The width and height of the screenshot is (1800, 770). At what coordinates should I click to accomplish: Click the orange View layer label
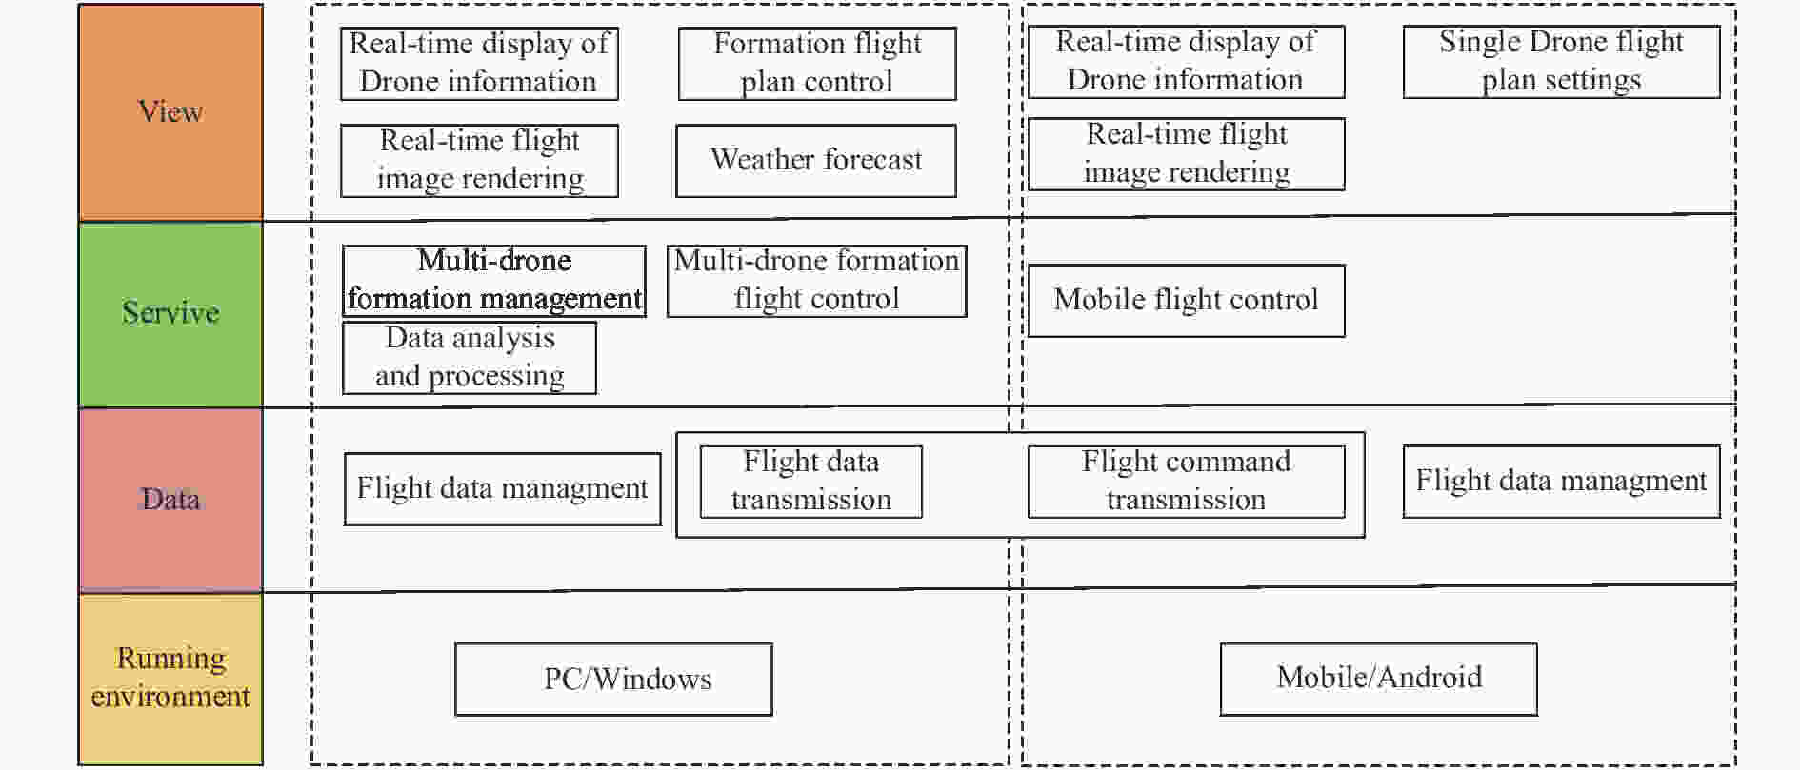tap(170, 112)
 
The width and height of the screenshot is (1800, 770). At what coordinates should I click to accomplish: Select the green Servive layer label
tap(170, 314)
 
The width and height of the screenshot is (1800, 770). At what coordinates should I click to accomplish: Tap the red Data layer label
tap(170, 500)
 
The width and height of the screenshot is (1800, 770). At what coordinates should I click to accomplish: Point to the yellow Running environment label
tap(170, 679)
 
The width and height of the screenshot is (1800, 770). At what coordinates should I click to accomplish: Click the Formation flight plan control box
tap(817, 64)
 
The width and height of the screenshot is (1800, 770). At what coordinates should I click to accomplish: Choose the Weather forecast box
tap(816, 161)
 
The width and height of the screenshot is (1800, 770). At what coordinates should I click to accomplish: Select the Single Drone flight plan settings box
tap(1562, 62)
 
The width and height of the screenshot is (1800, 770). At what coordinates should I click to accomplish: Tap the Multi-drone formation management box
tap(494, 281)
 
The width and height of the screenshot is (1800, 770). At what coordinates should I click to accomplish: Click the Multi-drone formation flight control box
tap(817, 281)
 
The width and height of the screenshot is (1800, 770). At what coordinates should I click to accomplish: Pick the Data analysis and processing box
tap(470, 358)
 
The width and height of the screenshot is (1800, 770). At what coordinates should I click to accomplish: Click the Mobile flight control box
tap(1187, 301)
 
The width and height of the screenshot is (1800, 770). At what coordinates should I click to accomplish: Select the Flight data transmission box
tap(811, 482)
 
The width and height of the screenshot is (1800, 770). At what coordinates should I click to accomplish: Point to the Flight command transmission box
tap(1187, 482)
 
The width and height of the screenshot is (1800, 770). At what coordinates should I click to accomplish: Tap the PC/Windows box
tap(613, 680)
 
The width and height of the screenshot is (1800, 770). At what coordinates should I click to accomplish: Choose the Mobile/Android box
tap(1379, 679)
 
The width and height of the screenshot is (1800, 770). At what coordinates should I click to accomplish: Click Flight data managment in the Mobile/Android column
tap(1562, 482)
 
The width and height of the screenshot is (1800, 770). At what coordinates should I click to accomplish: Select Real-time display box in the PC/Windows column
tap(480, 64)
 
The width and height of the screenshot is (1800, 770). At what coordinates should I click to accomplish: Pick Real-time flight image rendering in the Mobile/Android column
tap(1187, 154)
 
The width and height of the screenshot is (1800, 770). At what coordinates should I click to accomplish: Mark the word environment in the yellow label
tap(170, 697)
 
